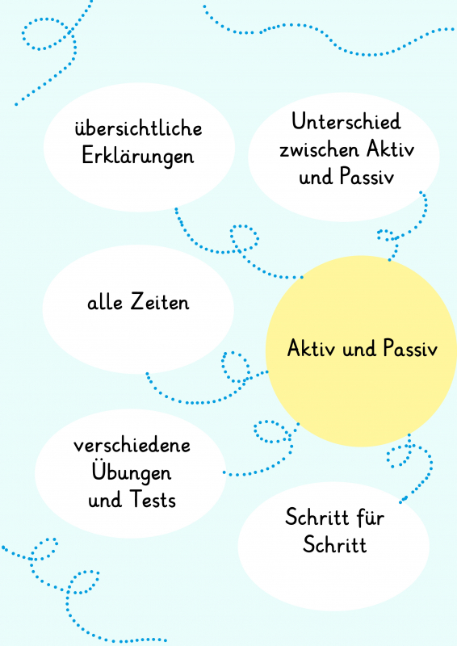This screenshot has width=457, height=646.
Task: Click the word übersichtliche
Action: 138,128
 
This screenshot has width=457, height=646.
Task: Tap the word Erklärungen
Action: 137,157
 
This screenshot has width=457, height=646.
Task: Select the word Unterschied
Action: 346,122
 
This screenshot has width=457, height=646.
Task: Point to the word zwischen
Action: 319,149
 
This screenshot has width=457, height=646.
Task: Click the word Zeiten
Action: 161,301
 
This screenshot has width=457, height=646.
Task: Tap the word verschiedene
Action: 132,446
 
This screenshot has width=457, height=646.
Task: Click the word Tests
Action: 153,499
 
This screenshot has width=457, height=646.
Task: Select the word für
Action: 371,518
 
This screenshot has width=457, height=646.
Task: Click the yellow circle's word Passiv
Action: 410,348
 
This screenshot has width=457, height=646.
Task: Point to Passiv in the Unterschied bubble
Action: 367,177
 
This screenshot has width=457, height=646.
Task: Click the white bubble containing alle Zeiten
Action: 138,309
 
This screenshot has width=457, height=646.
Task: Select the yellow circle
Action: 361,351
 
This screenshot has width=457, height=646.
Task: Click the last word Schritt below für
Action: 334,544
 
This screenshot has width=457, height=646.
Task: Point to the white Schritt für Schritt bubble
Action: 333,547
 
